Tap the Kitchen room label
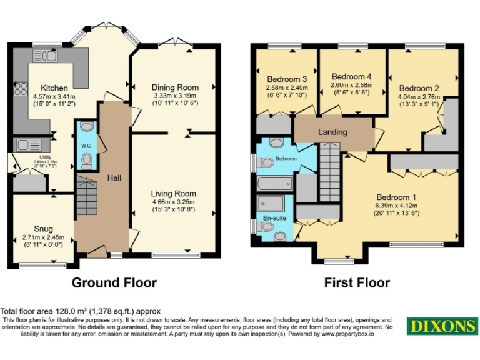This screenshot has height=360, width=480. pyautogui.click(x=54, y=87)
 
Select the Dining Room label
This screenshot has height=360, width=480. pyautogui.click(x=176, y=87)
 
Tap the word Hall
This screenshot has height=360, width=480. pyautogui.click(x=114, y=178)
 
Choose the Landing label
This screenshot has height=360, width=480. pyautogui.click(x=332, y=132)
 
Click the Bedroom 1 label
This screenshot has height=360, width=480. pyautogui.click(x=396, y=197)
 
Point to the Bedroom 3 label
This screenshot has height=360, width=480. pyautogui.click(x=287, y=79)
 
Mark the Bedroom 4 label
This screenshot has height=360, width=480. pyautogui.click(x=351, y=76)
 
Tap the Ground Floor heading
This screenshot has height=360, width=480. pyautogui.click(x=114, y=282)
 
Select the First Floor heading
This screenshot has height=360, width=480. pyautogui.click(x=357, y=282)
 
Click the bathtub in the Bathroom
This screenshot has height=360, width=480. pyautogui.click(x=274, y=183)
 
